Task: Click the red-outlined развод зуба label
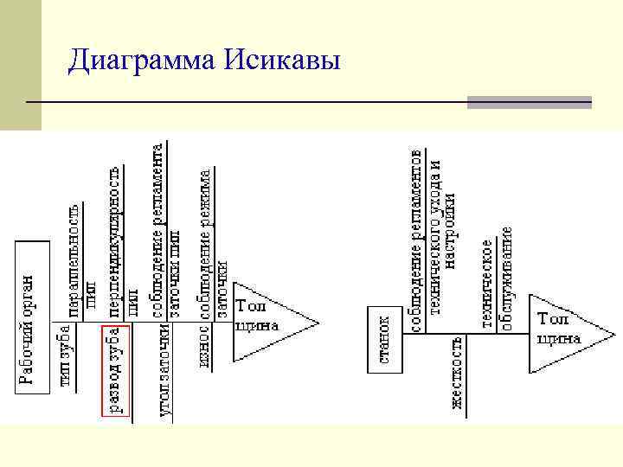point(116,371)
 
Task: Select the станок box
point(386,338)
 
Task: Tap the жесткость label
point(456,372)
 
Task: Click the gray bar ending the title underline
point(529,102)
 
